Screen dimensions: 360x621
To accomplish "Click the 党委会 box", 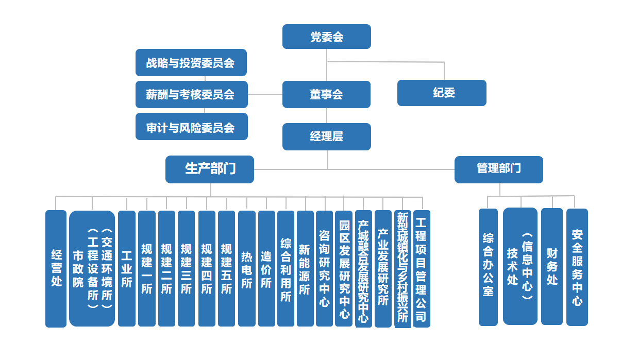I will click(x=326, y=37).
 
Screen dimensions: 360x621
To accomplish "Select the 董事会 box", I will click(x=326, y=95).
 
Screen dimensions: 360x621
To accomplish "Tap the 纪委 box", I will click(x=442, y=93).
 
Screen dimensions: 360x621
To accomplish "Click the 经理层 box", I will click(x=326, y=136).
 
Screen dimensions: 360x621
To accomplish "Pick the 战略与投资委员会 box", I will click(x=191, y=63).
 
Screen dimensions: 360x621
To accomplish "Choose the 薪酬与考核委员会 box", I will click(x=191, y=95).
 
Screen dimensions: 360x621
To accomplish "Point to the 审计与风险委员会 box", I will click(x=191, y=127).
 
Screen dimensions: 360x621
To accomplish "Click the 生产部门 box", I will click(x=209, y=169).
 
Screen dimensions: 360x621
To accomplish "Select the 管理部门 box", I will click(x=498, y=169).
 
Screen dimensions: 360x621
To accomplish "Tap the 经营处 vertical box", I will click(x=56, y=268).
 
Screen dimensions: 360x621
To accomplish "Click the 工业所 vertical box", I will click(x=126, y=268).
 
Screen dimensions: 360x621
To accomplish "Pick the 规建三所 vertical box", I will click(x=186, y=268).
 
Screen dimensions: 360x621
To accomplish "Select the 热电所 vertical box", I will click(x=246, y=268).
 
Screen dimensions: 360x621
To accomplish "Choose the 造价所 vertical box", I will click(x=266, y=268).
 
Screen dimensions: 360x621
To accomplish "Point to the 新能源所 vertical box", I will click(x=305, y=268).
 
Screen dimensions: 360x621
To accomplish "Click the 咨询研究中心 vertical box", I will click(x=324, y=268).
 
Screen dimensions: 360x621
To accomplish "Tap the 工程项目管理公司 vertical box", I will click(x=422, y=268).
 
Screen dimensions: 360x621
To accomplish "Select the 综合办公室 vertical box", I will click(x=488, y=267).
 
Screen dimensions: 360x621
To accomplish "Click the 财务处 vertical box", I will click(x=552, y=266).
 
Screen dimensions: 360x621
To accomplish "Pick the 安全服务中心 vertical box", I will click(x=577, y=267).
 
